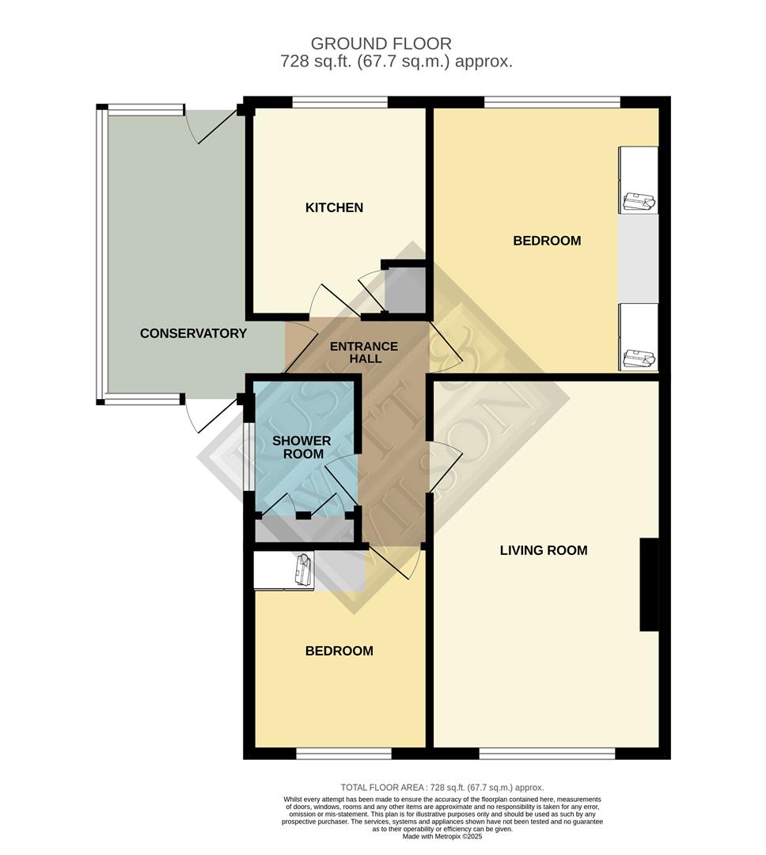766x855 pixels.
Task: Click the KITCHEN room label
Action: pos(334,207)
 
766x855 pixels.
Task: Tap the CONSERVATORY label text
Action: pos(193,333)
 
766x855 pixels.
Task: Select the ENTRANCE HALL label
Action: pos(363,352)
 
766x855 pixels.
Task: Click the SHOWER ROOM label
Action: pos(302,447)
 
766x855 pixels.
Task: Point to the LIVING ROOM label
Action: pos(544,550)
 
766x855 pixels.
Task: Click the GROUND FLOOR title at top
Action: pos(381,44)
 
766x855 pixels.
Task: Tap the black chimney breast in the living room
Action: pos(649,584)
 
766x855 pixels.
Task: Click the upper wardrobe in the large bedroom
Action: pos(638,180)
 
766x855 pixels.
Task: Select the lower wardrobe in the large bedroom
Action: pos(638,336)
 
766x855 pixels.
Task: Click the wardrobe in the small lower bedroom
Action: pos(283,571)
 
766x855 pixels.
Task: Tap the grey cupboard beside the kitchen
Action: pos(404,291)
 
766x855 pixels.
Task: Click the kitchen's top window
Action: pos(339,101)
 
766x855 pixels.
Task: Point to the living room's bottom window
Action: pos(547,754)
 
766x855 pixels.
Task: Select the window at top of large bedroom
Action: pos(552,101)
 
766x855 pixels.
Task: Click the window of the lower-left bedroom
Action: pos(343,754)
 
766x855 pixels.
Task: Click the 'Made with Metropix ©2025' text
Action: pos(442,837)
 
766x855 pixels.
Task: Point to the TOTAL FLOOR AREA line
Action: pos(442,788)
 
